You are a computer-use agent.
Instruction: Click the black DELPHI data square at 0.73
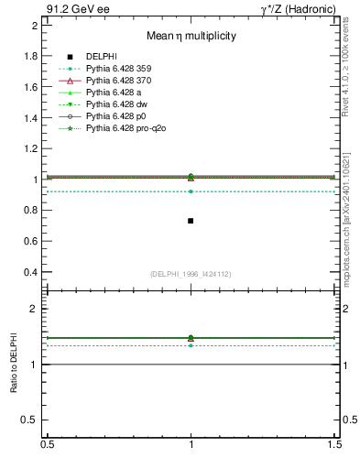pyautogui.click(x=191, y=221)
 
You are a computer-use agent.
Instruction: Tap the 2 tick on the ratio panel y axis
pyautogui.click(x=35, y=309)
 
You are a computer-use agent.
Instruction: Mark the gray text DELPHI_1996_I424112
pyautogui.click(x=191, y=273)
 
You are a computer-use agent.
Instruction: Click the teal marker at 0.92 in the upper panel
pyautogui.click(x=191, y=191)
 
